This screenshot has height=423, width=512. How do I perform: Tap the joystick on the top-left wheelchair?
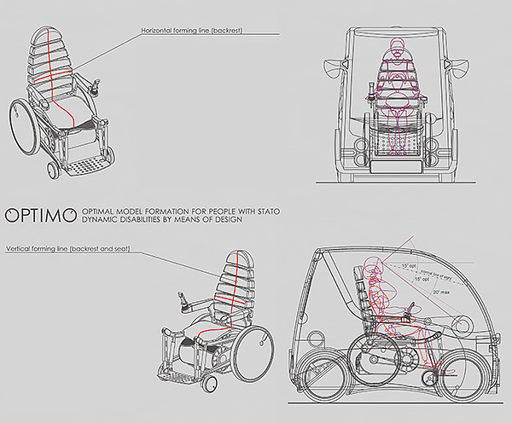tap(96, 85)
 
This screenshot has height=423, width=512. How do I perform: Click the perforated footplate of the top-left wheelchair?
tap(85, 162)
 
